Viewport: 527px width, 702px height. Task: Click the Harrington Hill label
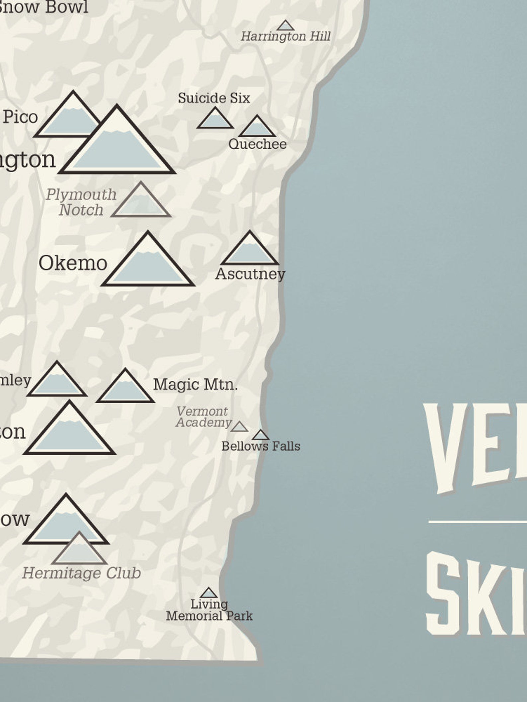pyautogui.click(x=285, y=37)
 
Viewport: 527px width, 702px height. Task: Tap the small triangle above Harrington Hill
pyautogui.click(x=285, y=26)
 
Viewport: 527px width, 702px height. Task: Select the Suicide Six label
pyautogui.click(x=214, y=98)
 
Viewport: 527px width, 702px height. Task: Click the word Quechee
pyautogui.click(x=258, y=144)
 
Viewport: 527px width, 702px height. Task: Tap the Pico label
pyautogui.click(x=21, y=117)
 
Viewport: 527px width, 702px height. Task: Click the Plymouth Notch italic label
pyautogui.click(x=81, y=202)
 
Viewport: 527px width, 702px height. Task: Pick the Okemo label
pyautogui.click(x=73, y=263)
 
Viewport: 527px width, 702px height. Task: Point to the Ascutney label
pyautogui.click(x=250, y=274)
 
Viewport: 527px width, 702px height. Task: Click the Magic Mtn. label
pyautogui.click(x=195, y=385)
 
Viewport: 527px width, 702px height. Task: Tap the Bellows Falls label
pyautogui.click(x=261, y=446)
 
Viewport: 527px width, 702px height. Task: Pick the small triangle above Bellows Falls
pyautogui.click(x=261, y=435)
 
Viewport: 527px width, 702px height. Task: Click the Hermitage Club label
pyautogui.click(x=82, y=573)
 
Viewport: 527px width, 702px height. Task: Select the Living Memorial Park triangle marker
pyautogui.click(x=208, y=593)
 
